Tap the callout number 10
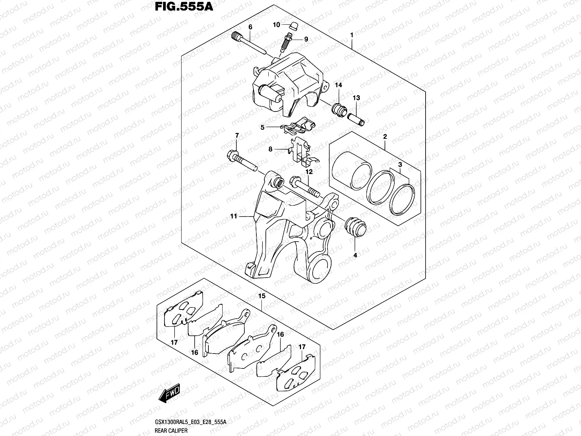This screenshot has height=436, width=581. point(277,25)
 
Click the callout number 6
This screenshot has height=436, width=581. point(250,27)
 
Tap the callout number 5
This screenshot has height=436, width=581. point(263,127)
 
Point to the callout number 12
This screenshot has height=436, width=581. point(309,172)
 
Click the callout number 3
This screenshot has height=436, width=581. point(400,165)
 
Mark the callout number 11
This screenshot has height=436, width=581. point(233,216)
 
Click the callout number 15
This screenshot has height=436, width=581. point(262,296)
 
